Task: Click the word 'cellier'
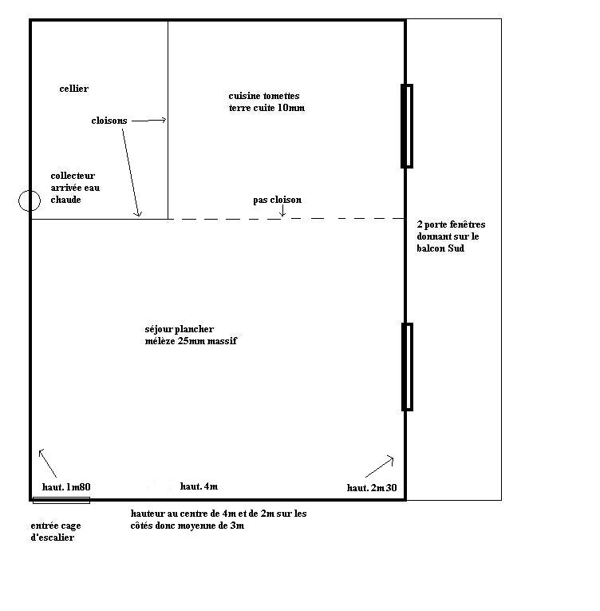click(x=73, y=89)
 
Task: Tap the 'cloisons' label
click(x=109, y=121)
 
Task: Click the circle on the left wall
click(x=30, y=200)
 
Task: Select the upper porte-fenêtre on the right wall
click(x=407, y=126)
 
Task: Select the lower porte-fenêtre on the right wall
click(x=407, y=367)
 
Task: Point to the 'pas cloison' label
click(x=277, y=200)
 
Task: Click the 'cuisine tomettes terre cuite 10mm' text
click(x=266, y=102)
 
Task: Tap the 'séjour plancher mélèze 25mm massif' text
click(x=191, y=335)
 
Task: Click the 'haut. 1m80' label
click(x=66, y=486)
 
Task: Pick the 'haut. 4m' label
click(x=199, y=486)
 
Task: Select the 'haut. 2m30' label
click(x=372, y=487)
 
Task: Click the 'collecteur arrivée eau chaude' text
click(x=75, y=188)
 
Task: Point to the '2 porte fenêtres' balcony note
click(x=451, y=236)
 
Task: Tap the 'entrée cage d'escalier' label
click(x=56, y=532)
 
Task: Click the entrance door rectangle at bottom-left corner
click(x=61, y=501)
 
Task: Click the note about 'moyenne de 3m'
click(x=219, y=520)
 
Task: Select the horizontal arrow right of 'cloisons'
click(x=148, y=121)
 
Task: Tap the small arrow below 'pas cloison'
click(x=282, y=212)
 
